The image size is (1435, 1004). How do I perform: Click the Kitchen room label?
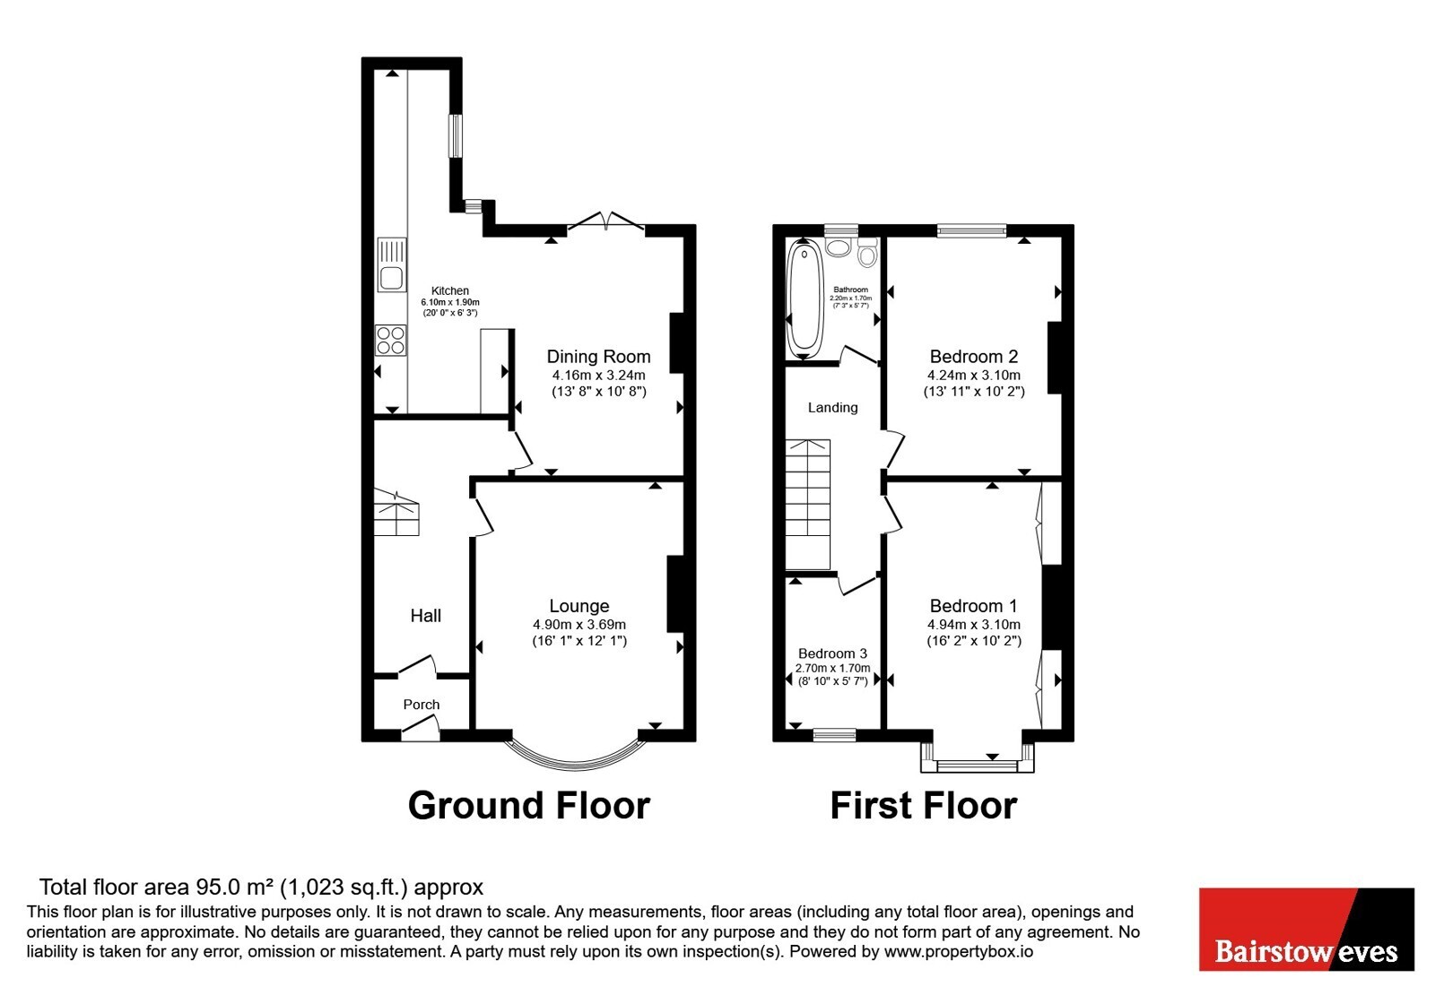tap(449, 290)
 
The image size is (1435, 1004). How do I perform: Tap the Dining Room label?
tap(598, 356)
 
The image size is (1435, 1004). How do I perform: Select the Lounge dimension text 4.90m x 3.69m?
tap(579, 624)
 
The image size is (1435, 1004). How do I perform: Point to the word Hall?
tap(426, 615)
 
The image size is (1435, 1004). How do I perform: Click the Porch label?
tap(422, 705)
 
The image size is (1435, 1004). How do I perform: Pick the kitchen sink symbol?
tap(391, 264)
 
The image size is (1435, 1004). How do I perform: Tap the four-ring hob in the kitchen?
tap(391, 340)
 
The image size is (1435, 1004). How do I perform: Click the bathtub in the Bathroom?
tap(804, 299)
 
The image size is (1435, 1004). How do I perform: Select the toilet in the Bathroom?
tap(867, 252)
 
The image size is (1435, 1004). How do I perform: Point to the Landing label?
tap(833, 407)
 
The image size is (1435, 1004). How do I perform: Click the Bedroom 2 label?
tap(974, 356)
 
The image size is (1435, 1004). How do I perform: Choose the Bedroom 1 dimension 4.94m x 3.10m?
tap(974, 624)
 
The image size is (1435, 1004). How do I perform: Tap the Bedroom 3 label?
tap(833, 653)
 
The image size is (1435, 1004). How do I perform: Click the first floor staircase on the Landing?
tap(808, 504)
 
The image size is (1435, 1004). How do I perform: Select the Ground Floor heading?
tap(529, 806)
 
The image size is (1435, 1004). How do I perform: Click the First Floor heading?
tap(924, 806)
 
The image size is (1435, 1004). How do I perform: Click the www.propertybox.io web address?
tap(959, 951)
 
